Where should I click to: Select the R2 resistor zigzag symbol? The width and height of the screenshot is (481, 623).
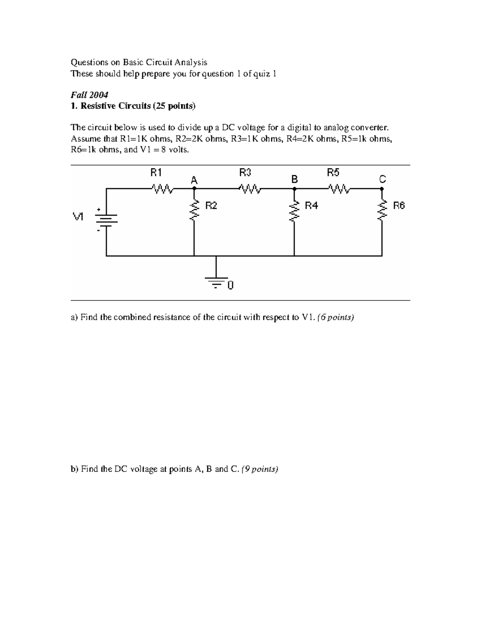point(194,209)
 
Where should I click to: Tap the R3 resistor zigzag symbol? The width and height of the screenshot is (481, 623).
point(251,188)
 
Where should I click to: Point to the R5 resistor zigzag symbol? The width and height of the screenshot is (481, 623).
point(339,188)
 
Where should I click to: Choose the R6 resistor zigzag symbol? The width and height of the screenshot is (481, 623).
point(382,209)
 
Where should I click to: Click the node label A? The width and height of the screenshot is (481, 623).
point(194,181)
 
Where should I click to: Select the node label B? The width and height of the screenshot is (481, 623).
point(295,179)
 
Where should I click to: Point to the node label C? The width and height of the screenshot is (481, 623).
point(382,179)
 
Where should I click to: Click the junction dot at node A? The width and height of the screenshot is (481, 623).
point(194,188)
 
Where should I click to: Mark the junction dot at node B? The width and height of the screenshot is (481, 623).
point(295,188)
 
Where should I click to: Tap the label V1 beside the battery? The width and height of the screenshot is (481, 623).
point(78,217)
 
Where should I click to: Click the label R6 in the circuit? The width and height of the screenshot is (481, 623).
point(399,206)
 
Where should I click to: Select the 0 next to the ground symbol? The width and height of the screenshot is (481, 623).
point(230,285)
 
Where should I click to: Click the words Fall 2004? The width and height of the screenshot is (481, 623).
point(89,95)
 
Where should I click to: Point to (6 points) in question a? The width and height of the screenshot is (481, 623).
point(335,317)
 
